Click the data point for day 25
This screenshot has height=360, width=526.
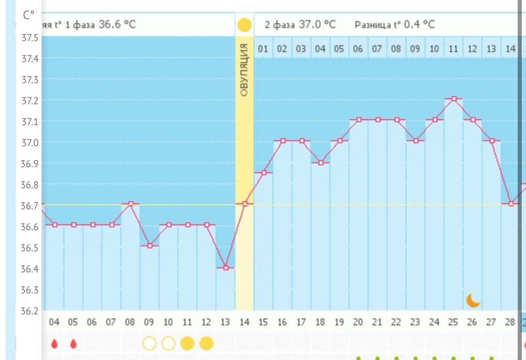[453, 98]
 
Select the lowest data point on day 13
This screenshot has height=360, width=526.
[226, 268]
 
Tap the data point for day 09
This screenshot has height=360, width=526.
[149, 246]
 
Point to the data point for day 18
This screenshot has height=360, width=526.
[320, 163]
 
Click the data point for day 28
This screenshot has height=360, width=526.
[510, 204]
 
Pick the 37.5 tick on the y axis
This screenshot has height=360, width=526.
[29, 37]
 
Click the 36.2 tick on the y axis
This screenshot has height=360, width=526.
[29, 311]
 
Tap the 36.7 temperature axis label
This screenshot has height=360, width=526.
[29, 205]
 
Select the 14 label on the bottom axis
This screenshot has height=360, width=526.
[244, 322]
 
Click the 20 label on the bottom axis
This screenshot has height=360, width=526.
[358, 322]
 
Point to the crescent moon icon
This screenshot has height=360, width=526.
[473, 300]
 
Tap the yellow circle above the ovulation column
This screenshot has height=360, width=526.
[244, 25]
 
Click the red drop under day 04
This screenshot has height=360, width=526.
[54, 344]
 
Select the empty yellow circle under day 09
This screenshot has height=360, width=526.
[149, 344]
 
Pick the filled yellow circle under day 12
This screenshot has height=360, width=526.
[206, 344]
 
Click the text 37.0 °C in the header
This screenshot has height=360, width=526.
[315, 25]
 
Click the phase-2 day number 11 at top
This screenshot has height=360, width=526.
[453, 49]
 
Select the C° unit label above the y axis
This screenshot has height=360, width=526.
[29, 15]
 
